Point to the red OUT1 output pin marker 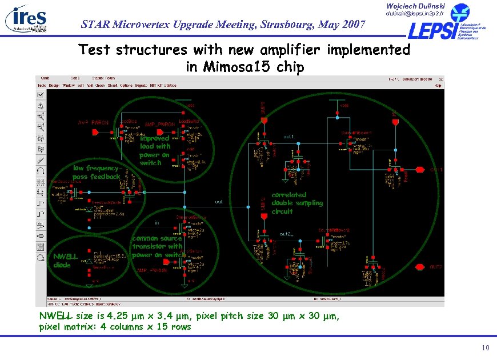(x=421, y=170)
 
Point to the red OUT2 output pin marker (x=421, y=267)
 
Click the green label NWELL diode (x=62, y=260)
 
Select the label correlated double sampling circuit (x=296, y=203)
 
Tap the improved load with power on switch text (x=154, y=150)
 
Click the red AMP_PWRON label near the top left (x=93, y=122)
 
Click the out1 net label (x=288, y=137)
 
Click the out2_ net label (x=286, y=234)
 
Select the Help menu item (x=438, y=86)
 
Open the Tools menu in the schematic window (x=41, y=86)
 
